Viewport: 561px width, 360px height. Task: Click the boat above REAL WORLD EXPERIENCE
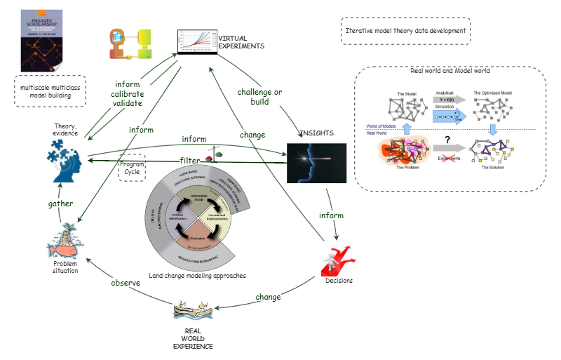pos(194,309)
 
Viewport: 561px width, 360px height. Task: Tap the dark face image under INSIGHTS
pos(317,163)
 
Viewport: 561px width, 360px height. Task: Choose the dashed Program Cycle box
pos(133,168)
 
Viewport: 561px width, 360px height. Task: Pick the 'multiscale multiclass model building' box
pos(49,91)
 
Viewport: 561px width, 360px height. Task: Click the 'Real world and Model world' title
pos(450,71)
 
